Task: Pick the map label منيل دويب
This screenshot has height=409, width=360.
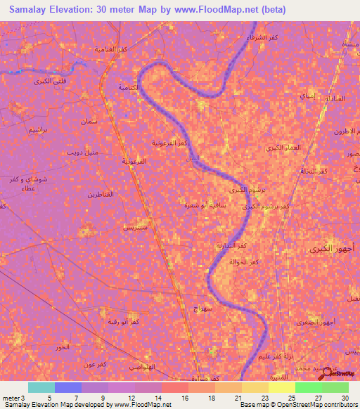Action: (83, 152)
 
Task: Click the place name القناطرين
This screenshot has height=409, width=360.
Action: (101, 193)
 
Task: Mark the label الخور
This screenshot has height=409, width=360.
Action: (63, 348)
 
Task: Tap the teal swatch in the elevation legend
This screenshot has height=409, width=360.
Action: (41, 387)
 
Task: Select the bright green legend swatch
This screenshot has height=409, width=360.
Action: (308, 387)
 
